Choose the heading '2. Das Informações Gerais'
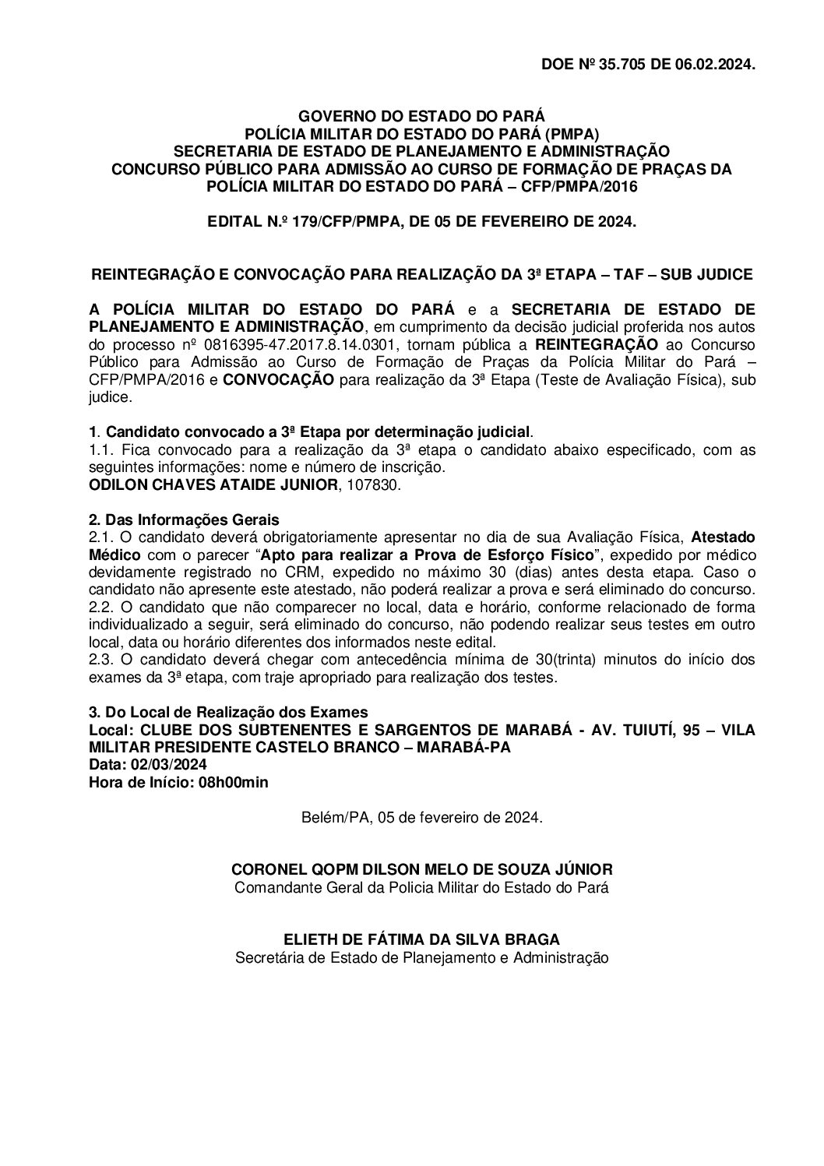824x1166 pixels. click(x=184, y=520)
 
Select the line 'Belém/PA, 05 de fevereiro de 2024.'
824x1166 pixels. click(x=421, y=818)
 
